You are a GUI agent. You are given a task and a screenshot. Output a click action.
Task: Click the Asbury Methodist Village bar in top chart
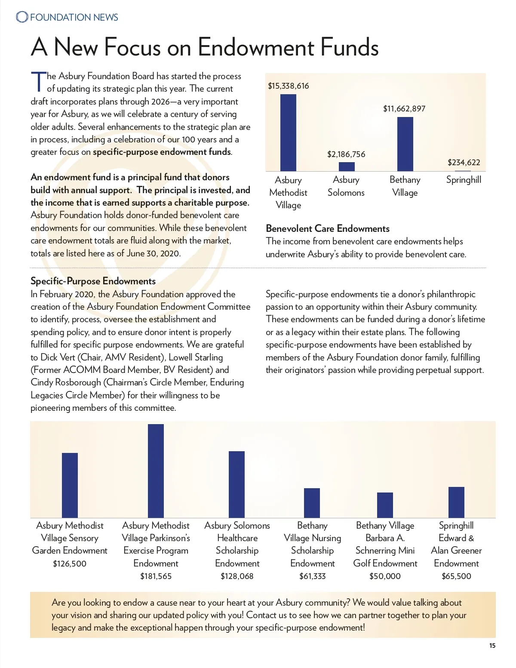[288, 132]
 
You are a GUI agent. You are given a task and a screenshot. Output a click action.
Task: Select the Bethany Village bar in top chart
[405, 144]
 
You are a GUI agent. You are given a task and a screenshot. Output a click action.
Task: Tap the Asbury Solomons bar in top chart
[347, 166]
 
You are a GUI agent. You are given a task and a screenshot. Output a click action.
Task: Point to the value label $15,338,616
[288, 86]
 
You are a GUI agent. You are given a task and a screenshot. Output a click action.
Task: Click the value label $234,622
[464, 162]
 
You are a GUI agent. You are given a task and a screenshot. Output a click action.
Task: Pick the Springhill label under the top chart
[464, 179]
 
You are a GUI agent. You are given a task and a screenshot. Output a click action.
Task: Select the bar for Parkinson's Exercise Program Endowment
[156, 471]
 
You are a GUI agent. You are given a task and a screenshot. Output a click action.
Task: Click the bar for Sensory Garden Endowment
[70, 485]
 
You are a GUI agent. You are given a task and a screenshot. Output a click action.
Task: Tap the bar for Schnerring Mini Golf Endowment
[385, 505]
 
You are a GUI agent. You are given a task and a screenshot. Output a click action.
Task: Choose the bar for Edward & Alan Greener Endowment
[456, 502]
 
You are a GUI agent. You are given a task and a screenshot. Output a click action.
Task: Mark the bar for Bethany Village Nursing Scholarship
[312, 503]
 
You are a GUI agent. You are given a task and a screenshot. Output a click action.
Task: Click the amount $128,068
[237, 576]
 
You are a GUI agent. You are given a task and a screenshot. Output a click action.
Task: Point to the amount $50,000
[385, 576]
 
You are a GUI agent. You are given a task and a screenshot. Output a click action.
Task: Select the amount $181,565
[156, 576]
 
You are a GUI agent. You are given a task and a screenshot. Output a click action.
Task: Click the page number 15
[492, 645]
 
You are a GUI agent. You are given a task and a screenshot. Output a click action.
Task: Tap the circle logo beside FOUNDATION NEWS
[22, 17]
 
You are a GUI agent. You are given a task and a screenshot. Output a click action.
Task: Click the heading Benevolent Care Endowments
[328, 228]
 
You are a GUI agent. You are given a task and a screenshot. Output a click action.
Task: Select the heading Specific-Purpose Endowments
[93, 281]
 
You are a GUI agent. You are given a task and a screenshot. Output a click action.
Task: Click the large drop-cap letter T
[38, 81]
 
